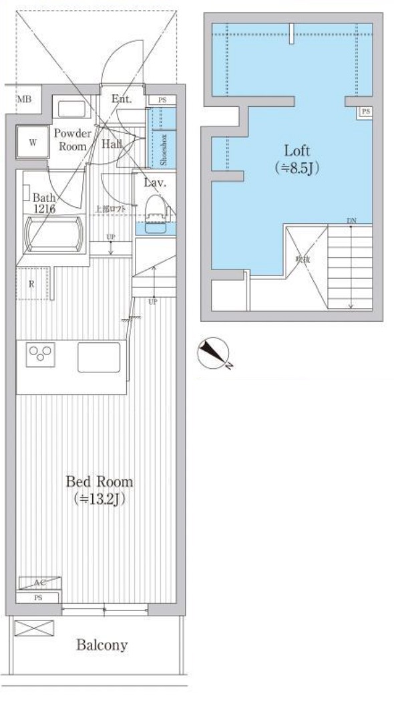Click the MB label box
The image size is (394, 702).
click(24, 100)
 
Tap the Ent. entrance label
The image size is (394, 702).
click(122, 100)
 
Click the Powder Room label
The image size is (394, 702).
click(72, 140)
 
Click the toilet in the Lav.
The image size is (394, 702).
click(155, 204)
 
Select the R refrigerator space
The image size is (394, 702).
click(32, 283)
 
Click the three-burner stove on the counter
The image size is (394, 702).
click(39, 354)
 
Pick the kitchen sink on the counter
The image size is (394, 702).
click(99, 356)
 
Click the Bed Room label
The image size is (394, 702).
click(99, 481)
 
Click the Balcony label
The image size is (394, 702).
click(101, 645)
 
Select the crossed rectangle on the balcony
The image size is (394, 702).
click(33, 629)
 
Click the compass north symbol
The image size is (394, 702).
click(214, 354)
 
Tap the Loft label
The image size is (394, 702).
click(297, 151)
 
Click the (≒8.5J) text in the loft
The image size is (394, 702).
click(297, 168)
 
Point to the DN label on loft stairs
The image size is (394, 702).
click(351, 221)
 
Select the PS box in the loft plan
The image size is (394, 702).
click(365, 112)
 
